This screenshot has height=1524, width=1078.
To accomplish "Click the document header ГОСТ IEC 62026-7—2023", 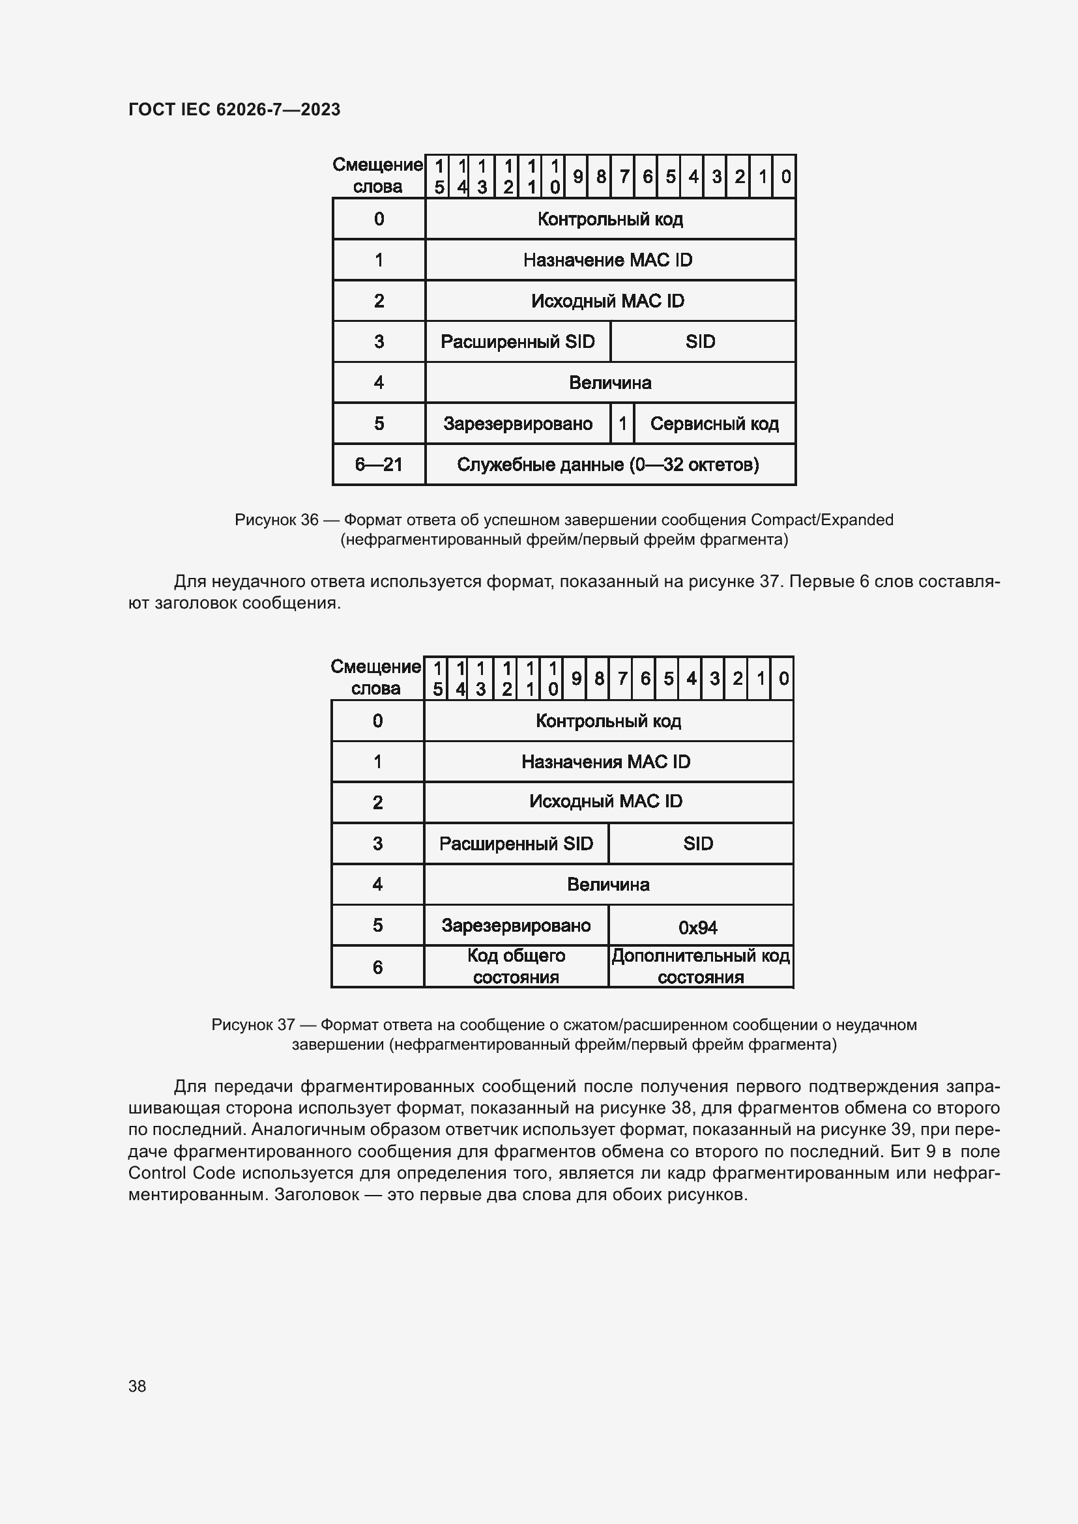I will coord(234,109).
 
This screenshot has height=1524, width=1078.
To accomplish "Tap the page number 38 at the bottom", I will coord(138,1386).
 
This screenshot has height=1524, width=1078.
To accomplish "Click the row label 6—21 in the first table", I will coord(379,465).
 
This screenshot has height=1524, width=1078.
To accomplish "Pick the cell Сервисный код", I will coord(714,424).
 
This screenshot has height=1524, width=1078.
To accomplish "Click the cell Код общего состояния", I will coord(516,966).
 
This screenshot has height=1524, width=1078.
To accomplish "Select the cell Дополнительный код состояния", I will coord(700,966).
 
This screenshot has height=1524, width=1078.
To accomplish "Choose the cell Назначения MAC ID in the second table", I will coord(607,762).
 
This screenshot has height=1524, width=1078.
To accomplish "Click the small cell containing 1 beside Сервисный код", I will coord(622,424).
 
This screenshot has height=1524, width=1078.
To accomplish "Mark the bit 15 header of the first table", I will coord(439,177).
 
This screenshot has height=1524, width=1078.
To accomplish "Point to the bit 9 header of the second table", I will coord(576,678).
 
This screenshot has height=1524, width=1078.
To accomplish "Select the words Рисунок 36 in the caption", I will coord(276,520).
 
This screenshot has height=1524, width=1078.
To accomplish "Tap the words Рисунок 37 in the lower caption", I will coord(253,1025).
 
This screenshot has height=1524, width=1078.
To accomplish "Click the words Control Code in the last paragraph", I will coord(181,1173).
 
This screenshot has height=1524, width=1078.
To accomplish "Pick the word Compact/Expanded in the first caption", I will coord(822,520).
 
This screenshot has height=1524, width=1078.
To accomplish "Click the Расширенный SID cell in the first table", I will coord(517,342).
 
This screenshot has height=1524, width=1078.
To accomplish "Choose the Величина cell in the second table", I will coord(608,885).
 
